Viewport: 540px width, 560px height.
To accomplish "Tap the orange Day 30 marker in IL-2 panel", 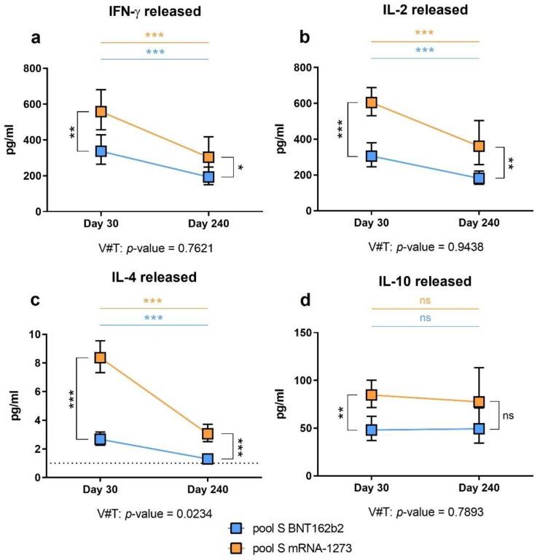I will click(372, 103).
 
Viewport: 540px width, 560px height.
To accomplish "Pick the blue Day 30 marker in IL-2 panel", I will click(372, 157).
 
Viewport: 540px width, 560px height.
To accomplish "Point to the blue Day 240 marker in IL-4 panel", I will click(208, 459).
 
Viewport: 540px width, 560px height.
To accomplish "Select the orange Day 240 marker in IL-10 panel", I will click(478, 402).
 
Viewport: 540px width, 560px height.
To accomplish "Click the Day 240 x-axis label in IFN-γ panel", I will click(208, 220).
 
